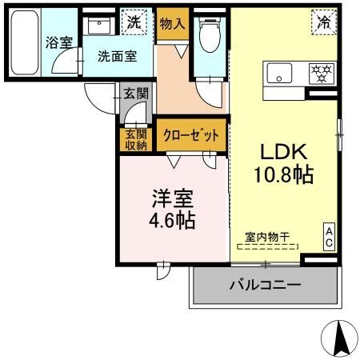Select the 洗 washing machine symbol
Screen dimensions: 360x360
pyautogui.click(x=134, y=22)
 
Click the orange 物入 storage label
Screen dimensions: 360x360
pyautogui.click(x=171, y=24)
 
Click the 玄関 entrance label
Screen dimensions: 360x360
pyautogui.click(x=136, y=94)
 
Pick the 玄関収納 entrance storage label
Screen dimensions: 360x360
pyautogui.click(x=136, y=138)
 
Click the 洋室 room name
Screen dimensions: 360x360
pyautogui.click(x=171, y=197)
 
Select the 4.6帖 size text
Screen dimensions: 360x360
pyautogui.click(x=171, y=218)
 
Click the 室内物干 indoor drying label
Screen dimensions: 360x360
pyautogui.click(x=267, y=237)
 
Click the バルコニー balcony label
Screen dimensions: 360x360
pyautogui.click(x=265, y=284)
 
